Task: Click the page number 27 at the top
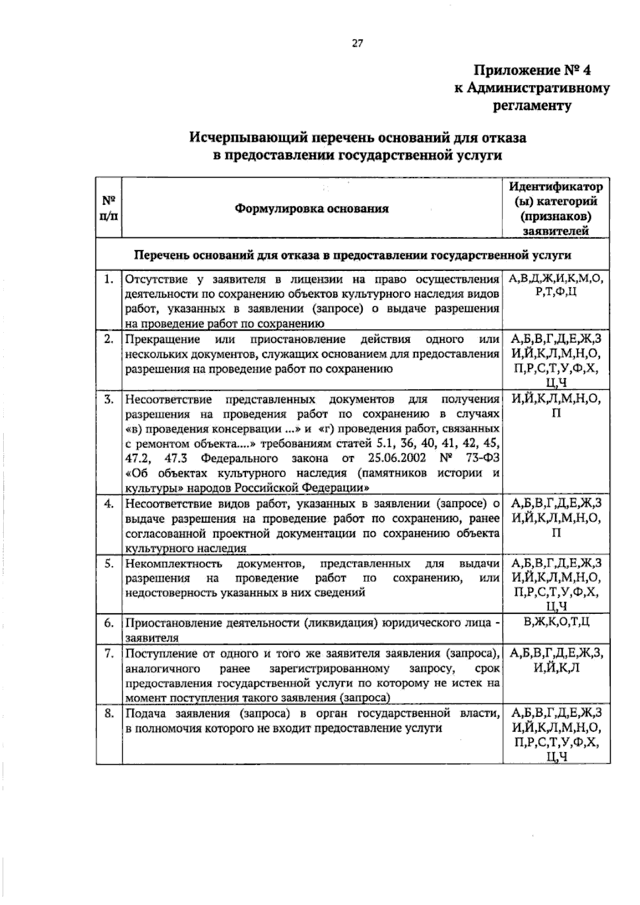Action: pos(357,44)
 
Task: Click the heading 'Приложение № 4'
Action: pos(533,70)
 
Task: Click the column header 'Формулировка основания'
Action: pos(312,208)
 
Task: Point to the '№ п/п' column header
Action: pos(109,208)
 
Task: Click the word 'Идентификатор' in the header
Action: pos(556,187)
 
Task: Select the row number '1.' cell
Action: pos(109,278)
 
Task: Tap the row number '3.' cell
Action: pos(109,399)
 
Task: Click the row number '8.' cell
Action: pos(109,713)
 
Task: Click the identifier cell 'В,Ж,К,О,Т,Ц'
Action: pos(556,622)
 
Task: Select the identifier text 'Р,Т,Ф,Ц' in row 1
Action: pos(556,293)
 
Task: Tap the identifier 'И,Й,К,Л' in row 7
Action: pos(556,668)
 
